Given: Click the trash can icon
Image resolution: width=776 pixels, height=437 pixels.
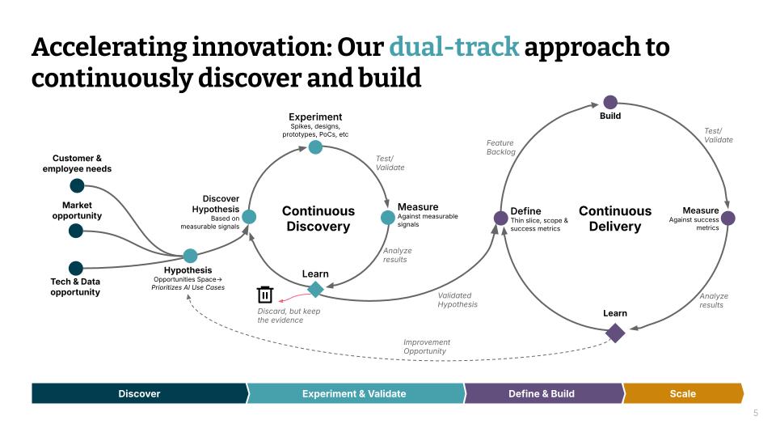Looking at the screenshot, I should coord(265,295).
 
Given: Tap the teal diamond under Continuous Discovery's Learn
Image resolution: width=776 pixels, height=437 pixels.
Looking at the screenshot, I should coord(315,289).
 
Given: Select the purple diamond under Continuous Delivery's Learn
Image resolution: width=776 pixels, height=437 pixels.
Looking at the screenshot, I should coord(615,333).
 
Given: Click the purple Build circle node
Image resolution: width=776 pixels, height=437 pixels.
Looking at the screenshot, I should coord(610,102).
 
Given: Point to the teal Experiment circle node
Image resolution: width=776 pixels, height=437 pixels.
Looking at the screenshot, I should coord(315,146).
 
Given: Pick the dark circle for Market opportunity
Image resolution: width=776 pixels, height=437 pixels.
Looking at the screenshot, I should coord(76,231).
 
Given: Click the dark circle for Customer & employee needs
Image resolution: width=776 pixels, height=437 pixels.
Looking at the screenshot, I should coord(77,185).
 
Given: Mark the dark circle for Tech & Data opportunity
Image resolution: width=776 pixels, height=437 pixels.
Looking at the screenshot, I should coord(76,268).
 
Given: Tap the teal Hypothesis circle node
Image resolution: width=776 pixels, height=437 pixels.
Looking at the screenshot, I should coord(190,256).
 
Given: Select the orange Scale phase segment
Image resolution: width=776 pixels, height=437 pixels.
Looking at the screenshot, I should coord(683,393).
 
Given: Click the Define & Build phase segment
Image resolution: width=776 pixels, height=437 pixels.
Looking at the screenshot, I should coord(542,393).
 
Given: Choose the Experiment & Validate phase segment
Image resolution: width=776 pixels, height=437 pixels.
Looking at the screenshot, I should coord(354,393).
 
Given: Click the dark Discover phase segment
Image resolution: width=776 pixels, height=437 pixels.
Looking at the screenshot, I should coord(139,393).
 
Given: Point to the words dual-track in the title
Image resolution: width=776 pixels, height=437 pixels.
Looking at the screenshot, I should coord(453,47).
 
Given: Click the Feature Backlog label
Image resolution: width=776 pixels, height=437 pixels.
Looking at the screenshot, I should coord(500,147).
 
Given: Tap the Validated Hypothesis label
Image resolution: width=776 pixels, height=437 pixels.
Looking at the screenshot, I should coord(458,299).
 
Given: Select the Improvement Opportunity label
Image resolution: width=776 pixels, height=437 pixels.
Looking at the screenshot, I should coord(427,346).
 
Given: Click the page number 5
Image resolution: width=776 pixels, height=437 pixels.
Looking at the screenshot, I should coord(756,413).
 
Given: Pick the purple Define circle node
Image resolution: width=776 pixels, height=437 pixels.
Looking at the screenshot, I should coord(501,218).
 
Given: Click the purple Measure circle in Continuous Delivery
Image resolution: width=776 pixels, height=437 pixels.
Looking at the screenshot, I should coord(727,218).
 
